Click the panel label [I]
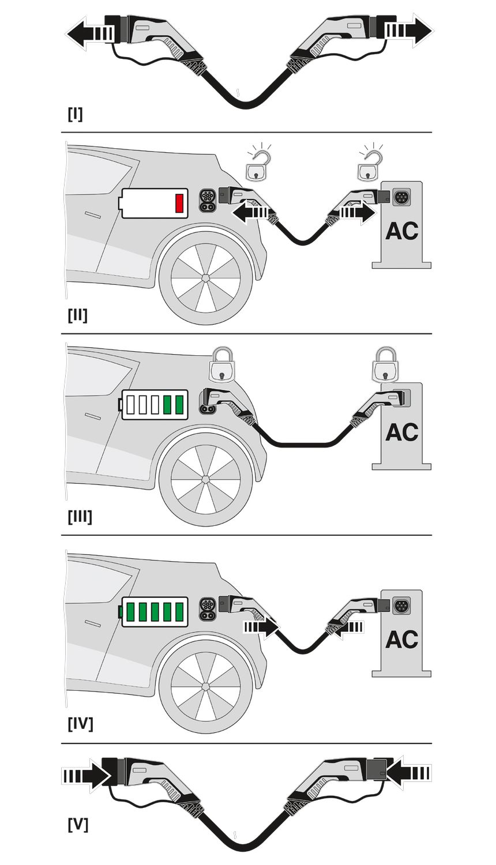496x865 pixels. pos(75,114)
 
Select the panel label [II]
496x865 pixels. pos(77,315)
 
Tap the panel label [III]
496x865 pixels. pos(80,516)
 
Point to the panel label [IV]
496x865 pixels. pos(80,723)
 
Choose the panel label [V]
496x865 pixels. pos(78,825)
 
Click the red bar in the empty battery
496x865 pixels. pos(179,204)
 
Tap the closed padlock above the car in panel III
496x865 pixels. pos(222,365)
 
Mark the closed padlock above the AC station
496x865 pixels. pos(385,365)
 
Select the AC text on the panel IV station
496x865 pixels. pos(401,640)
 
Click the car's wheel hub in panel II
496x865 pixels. pos(205,277)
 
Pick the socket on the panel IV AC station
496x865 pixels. pos(400,605)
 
